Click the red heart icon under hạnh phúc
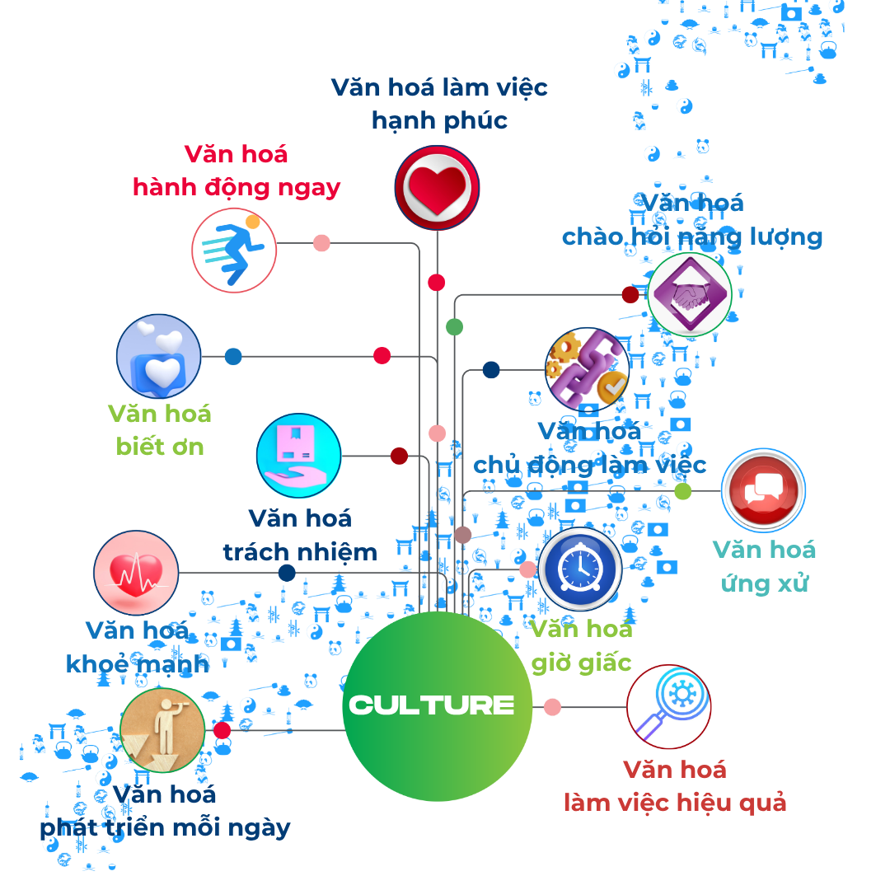[x=437, y=187]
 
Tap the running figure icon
[x=234, y=250]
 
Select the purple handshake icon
[x=689, y=293]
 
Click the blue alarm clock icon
[x=580, y=569]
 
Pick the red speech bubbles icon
[x=762, y=491]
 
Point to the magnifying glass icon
[x=668, y=706]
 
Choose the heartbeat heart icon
[x=136, y=573]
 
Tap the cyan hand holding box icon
[x=298, y=455]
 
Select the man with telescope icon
[x=162, y=730]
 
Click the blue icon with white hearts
[x=159, y=356]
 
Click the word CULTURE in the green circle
[x=432, y=705]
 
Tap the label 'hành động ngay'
[x=237, y=188]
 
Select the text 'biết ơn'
[x=160, y=447]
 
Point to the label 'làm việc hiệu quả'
[x=675, y=803]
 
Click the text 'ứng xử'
[x=764, y=583]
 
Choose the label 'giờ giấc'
[x=581, y=663]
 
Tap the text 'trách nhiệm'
[x=300, y=551]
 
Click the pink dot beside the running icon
[x=321, y=243]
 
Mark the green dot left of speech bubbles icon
[x=682, y=491]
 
